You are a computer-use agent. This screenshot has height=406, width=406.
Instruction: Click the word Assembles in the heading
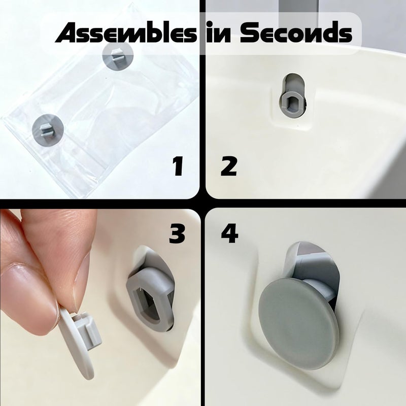(x=126, y=33)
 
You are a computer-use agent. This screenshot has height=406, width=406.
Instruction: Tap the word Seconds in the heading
(x=296, y=32)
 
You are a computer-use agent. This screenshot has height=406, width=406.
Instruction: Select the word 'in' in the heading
(x=218, y=33)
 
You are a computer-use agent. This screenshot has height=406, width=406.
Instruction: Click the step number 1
(x=179, y=166)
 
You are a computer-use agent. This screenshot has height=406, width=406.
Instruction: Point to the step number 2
(x=229, y=166)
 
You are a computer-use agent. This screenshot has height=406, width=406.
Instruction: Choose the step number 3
(x=177, y=233)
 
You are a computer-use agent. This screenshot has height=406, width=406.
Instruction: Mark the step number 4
(x=230, y=233)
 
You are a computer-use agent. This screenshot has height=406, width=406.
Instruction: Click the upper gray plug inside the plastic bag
(x=118, y=56)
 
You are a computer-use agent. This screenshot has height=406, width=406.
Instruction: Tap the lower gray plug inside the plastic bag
(x=48, y=129)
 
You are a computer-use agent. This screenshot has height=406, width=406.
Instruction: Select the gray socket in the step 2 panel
(x=292, y=104)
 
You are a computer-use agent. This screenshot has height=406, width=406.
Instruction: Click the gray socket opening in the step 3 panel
(x=150, y=300)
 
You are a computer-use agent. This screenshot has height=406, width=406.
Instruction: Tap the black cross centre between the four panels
(x=202, y=203)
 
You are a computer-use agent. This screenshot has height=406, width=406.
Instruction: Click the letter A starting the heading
(x=69, y=33)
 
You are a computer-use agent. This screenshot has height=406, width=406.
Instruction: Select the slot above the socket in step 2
(x=293, y=83)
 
